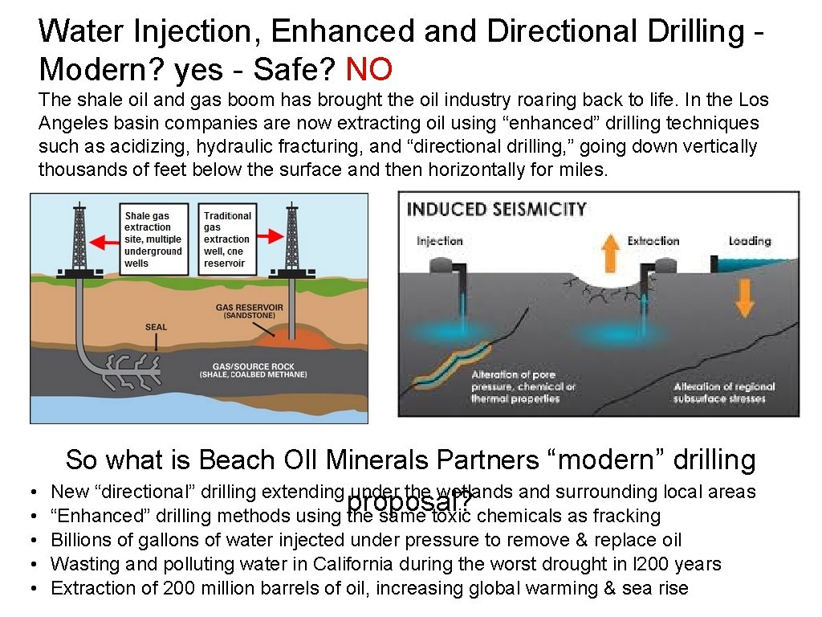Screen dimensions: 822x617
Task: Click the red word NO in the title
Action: [368, 70]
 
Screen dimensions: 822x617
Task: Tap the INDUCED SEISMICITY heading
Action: [496, 210]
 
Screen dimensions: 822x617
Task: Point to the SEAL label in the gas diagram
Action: [156, 327]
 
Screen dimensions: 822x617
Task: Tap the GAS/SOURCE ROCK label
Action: [253, 370]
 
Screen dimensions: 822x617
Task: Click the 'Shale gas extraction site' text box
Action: [153, 239]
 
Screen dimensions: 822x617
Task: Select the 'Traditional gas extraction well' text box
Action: [227, 239]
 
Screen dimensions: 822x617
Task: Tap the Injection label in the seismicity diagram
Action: [440, 240]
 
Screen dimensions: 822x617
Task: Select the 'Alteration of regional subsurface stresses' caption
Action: [724, 392]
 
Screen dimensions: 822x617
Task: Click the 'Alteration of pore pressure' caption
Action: [523, 386]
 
